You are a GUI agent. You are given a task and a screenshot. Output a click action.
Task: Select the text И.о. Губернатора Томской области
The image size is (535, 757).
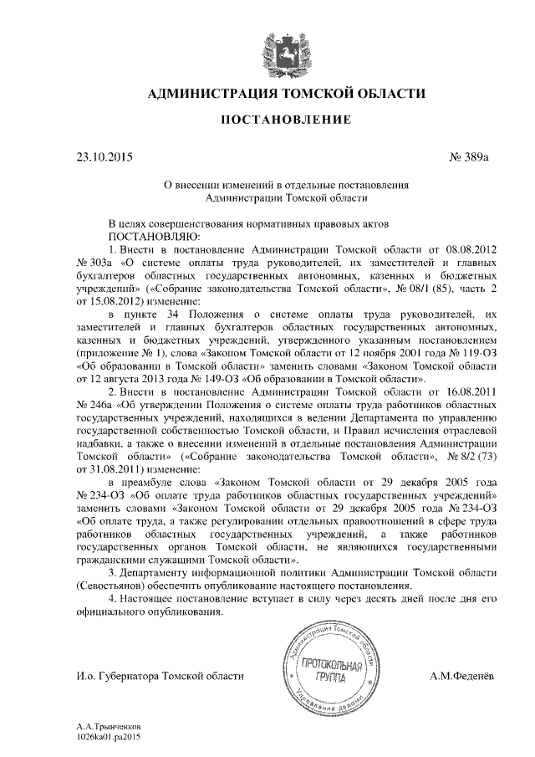[x=160, y=675]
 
